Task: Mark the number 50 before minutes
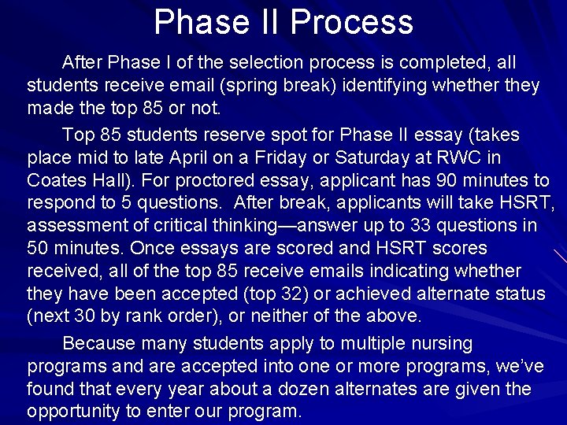pyautogui.click(x=39, y=248)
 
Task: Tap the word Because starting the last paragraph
pyautogui.click(x=99, y=344)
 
